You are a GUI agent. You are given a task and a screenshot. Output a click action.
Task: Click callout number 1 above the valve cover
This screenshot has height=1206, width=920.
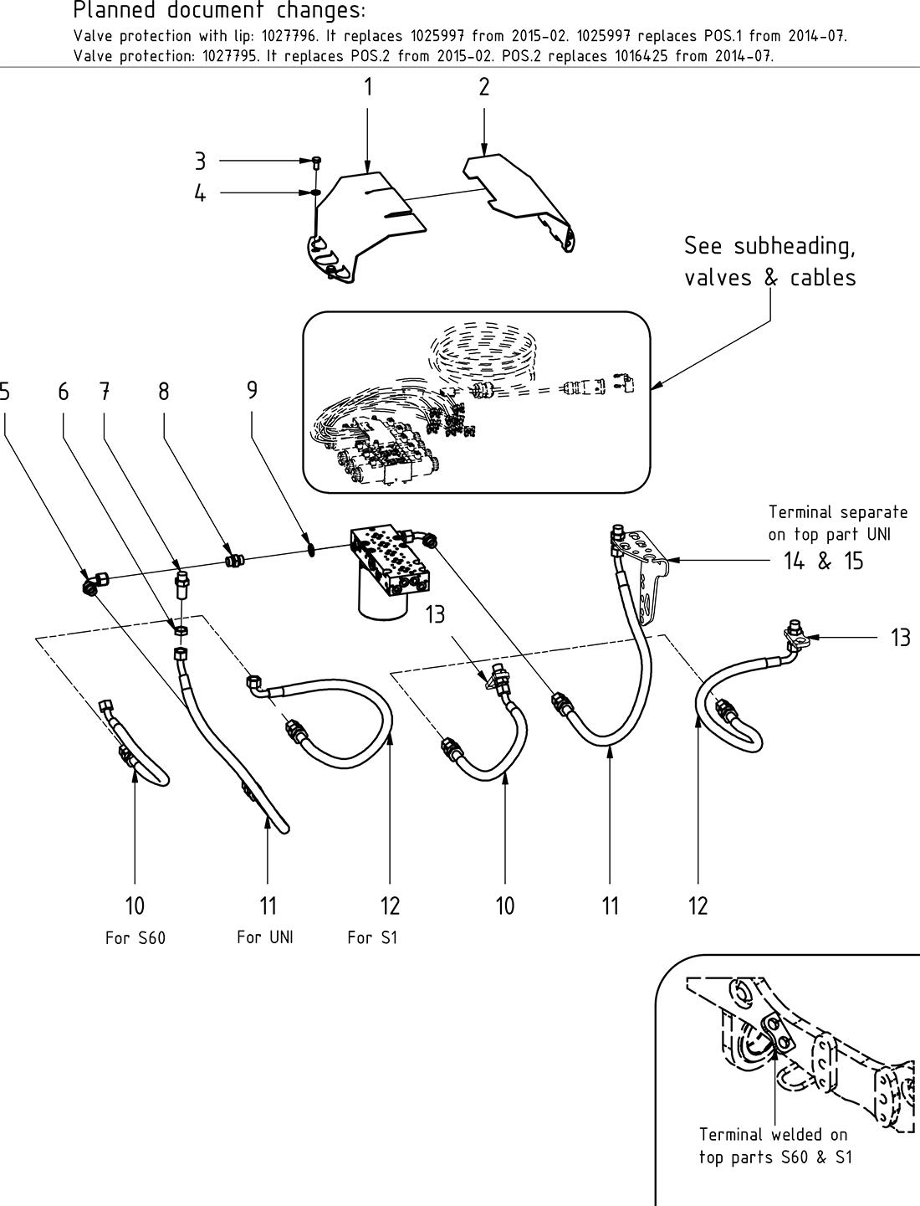367,87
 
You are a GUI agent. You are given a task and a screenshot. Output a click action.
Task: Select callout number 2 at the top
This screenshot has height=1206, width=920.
484,87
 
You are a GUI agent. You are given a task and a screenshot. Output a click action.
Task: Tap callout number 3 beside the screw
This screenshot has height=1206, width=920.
200,160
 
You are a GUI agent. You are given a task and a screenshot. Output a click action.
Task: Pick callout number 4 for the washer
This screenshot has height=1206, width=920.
200,194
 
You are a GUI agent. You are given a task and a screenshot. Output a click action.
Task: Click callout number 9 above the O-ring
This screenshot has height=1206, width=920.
252,391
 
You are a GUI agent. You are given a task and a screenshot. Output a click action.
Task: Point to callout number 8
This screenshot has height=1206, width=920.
163,391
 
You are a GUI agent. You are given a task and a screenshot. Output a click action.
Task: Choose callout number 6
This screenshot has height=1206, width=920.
63,391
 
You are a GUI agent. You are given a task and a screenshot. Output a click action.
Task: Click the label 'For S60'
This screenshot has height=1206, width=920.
135,937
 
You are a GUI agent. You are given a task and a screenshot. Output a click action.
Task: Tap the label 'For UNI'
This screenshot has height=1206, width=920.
264,937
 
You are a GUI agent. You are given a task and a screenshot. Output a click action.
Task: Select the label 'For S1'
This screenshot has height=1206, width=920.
372,937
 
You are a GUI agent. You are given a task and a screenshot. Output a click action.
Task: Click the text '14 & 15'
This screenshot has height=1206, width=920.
824,561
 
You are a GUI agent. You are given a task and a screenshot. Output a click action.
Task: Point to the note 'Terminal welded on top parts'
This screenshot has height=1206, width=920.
773,1146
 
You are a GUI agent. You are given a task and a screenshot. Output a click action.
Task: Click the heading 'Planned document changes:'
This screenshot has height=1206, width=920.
219,12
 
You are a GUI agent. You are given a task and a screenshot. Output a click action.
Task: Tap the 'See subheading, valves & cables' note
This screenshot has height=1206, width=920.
769,261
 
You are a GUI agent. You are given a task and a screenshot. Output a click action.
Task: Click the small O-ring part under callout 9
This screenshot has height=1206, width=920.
309,552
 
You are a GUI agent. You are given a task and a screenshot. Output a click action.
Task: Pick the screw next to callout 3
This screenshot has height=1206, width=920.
317,162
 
